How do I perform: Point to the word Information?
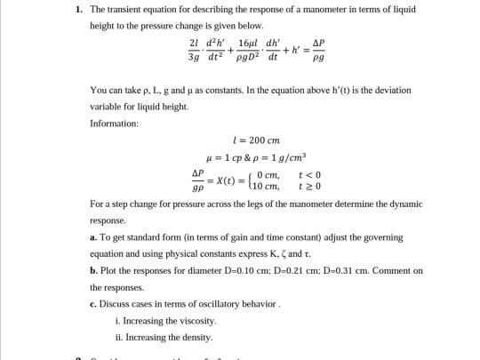tap(115, 123)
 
